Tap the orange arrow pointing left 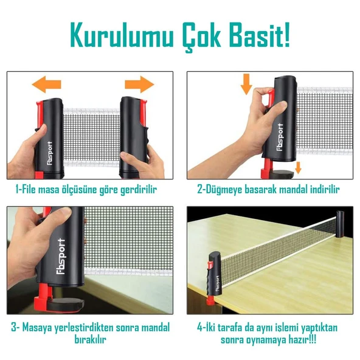pyautogui.click(x=47, y=84)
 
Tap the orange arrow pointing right pyautogui.click(x=139, y=84)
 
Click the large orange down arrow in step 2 pyautogui.click(x=246, y=85)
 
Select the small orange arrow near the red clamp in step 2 pyautogui.click(x=298, y=167)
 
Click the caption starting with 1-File pyautogui.click(x=86, y=190)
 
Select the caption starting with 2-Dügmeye pyautogui.click(x=268, y=190)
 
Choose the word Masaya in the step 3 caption pyautogui.click(x=38, y=327)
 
